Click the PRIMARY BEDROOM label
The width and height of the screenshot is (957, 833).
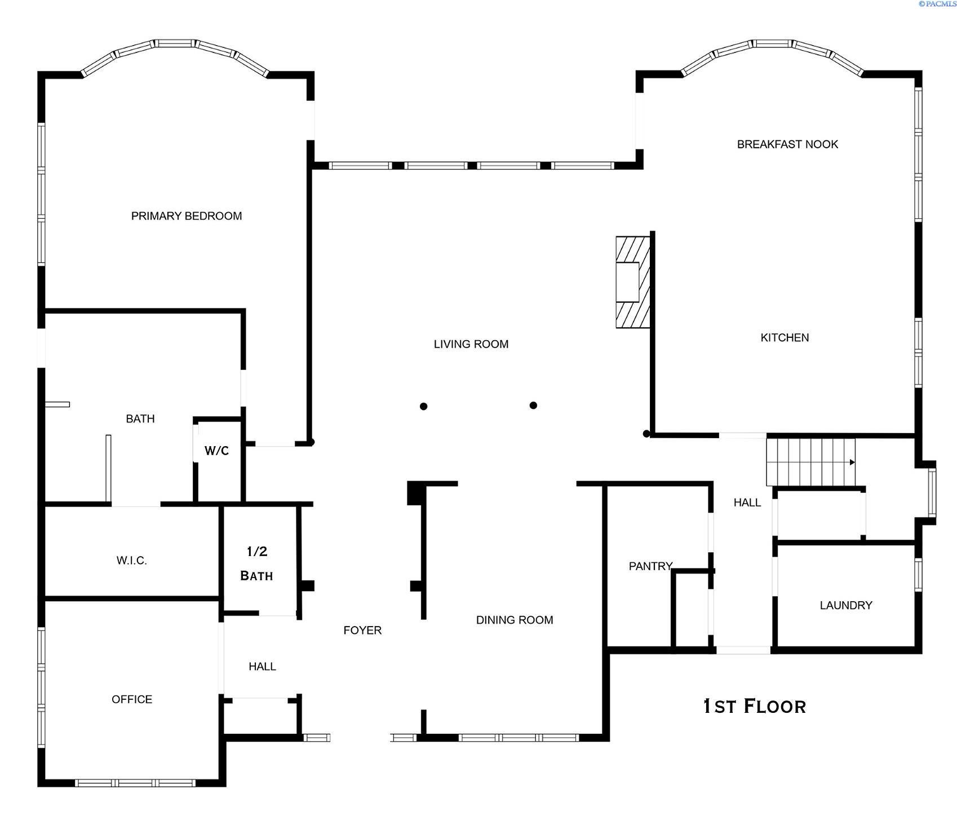[x=187, y=216]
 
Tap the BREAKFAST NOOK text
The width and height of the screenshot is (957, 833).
[x=787, y=144]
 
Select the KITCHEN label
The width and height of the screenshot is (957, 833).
[x=785, y=338]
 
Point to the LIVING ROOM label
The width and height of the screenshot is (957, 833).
[x=471, y=344]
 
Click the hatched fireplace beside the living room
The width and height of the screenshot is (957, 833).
[x=632, y=282]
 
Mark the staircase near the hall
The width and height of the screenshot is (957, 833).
[x=810, y=462]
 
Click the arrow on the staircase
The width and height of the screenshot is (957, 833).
[x=852, y=462]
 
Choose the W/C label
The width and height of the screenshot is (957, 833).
[x=216, y=451]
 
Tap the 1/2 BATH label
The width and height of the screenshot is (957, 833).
[x=257, y=563]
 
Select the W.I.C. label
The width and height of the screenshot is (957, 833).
[x=132, y=561]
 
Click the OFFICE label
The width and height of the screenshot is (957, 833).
[x=132, y=699]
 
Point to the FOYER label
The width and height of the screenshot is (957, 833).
[x=362, y=631]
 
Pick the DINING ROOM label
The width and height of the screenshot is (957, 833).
[x=515, y=620]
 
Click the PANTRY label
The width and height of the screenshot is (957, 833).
[x=650, y=566]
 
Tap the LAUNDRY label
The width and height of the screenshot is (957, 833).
[x=845, y=606]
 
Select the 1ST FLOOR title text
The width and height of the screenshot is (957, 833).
[x=755, y=706]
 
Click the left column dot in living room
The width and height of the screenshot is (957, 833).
[x=423, y=406]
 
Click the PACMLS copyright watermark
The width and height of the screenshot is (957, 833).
[x=937, y=4]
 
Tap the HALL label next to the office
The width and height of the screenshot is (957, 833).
[x=262, y=667]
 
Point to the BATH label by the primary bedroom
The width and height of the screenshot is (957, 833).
[x=140, y=419]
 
